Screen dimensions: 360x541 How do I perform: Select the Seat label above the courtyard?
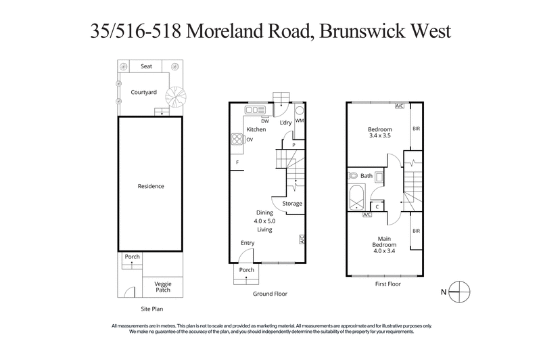tap(147, 66)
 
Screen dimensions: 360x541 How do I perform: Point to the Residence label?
tap(151, 186)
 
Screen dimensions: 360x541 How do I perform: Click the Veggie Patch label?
tap(162, 287)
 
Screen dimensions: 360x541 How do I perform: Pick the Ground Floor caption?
tap(271, 294)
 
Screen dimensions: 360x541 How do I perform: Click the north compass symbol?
tap(458, 292)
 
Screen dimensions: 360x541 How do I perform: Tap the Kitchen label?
tap(256, 129)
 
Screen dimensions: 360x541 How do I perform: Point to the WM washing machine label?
tap(300, 121)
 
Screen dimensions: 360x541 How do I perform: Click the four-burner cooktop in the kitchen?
tap(238, 139)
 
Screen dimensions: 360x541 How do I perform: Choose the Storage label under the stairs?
tap(292, 204)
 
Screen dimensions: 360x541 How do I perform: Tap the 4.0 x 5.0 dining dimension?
tap(264, 221)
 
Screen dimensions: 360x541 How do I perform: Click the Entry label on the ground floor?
tap(248, 243)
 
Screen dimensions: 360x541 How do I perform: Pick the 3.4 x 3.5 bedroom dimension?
tap(379, 136)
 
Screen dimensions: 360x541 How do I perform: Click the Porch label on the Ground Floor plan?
tap(247, 270)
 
